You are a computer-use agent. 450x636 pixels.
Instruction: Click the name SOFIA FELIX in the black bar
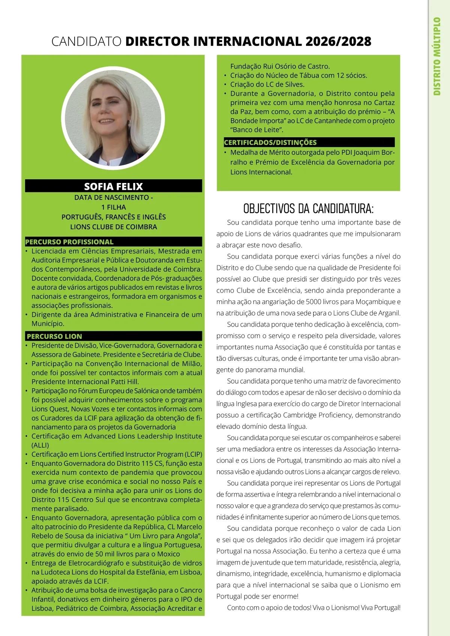113,186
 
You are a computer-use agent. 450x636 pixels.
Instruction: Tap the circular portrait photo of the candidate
113,117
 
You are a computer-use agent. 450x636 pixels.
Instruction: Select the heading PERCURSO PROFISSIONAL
69,242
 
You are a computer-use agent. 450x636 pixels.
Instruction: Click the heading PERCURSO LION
54,336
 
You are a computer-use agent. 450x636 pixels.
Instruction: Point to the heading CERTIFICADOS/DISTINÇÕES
270,142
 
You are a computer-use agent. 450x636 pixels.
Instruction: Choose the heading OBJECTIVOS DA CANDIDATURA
308,208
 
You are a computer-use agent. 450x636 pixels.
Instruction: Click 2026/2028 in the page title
338,41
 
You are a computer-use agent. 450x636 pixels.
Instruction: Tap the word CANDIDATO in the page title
86,41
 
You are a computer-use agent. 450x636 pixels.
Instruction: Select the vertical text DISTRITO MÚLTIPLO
437,56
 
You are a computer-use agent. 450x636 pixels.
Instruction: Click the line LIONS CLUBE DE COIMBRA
113,227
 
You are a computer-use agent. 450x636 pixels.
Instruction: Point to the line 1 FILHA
113,207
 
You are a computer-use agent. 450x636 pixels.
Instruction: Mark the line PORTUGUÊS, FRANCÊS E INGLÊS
113,217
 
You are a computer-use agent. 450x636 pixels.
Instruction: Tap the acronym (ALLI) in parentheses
40,445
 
